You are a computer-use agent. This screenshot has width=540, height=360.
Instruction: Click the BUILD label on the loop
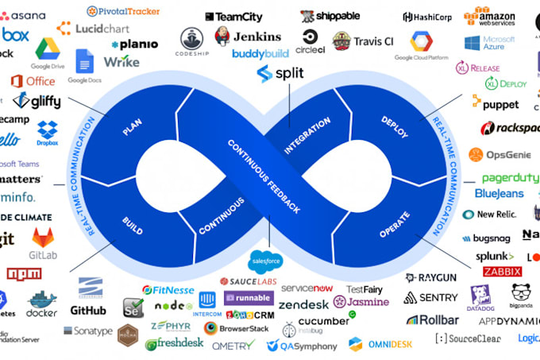(x=133, y=225)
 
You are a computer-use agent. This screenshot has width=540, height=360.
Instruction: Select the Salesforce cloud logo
(x=267, y=260)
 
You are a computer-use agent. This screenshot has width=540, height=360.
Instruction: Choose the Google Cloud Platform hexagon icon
(x=420, y=41)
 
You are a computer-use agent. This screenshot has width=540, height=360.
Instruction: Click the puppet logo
(x=496, y=103)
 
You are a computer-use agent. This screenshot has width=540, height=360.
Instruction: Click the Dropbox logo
(x=48, y=133)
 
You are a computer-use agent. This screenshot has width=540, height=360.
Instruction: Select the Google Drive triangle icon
(x=48, y=49)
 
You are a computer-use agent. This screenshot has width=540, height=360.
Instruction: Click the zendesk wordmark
(x=303, y=304)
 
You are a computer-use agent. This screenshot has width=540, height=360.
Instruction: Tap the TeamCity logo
(x=233, y=16)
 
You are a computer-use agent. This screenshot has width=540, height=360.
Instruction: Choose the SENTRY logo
(x=431, y=297)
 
